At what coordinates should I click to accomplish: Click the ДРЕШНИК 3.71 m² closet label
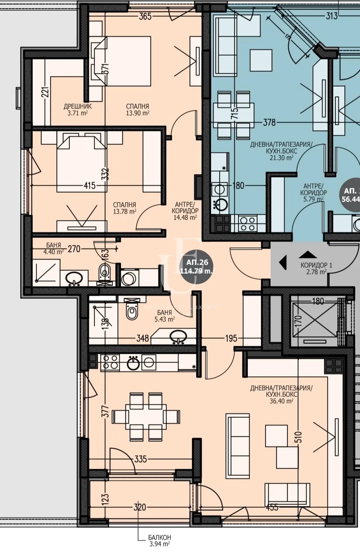(x=77, y=109)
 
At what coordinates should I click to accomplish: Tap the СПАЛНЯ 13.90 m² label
(x=137, y=109)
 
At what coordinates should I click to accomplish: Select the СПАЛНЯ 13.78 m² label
(x=124, y=208)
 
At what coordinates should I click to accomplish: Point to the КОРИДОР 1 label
(x=316, y=268)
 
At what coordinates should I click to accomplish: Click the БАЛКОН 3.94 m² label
(x=159, y=541)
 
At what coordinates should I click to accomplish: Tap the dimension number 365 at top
(x=145, y=16)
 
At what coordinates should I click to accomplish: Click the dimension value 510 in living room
(x=299, y=437)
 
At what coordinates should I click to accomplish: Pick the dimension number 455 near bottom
(x=272, y=508)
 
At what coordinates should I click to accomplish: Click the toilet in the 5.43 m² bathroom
(x=132, y=312)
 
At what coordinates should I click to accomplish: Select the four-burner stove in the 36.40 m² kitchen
(x=110, y=362)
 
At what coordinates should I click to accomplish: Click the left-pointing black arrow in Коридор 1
(x=283, y=263)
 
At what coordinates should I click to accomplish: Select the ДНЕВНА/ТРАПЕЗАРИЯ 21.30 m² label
(x=281, y=151)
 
